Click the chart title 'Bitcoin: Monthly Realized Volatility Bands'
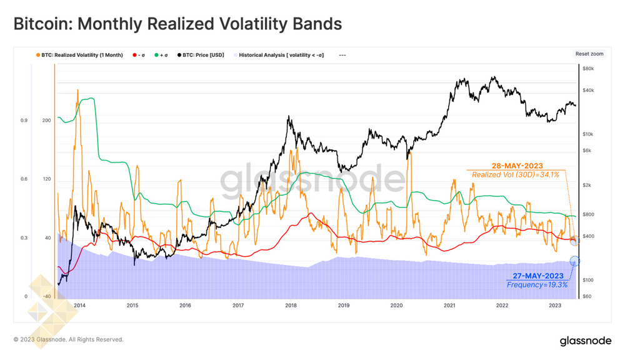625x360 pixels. click(x=177, y=24)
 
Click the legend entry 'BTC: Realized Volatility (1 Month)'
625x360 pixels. click(x=81, y=55)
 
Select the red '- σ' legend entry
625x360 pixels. click(x=140, y=55)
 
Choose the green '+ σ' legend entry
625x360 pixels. click(x=161, y=55)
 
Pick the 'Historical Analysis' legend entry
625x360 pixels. click(x=281, y=55)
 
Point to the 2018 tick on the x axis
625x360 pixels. click(x=291, y=306)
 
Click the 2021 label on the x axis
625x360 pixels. click(x=449, y=306)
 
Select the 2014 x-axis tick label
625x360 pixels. click(x=79, y=306)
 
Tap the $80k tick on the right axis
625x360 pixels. click(x=588, y=68)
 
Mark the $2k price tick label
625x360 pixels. click(x=587, y=185)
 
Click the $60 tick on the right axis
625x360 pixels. click(x=587, y=296)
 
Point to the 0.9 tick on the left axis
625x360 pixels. click(x=24, y=120)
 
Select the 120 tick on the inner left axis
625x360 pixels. click(x=46, y=179)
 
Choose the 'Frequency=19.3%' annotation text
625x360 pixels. click(x=537, y=285)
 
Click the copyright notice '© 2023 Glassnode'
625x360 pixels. click(x=68, y=339)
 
